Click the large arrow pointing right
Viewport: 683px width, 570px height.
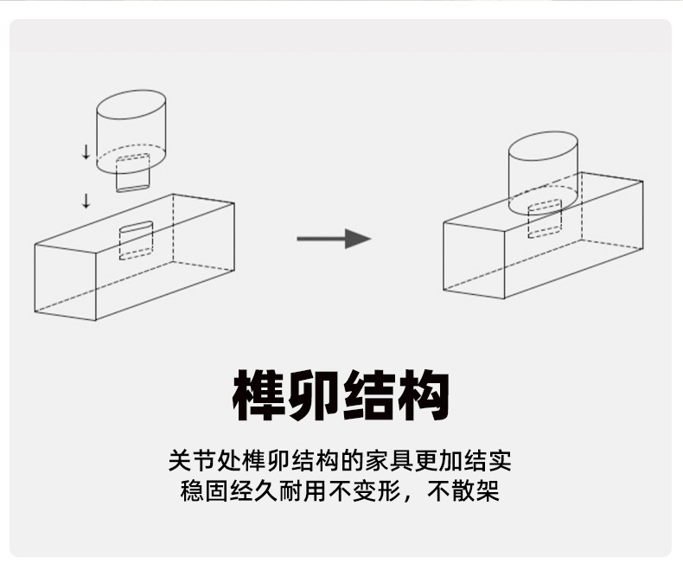(x=334, y=238)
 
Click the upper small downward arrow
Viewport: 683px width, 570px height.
(x=86, y=153)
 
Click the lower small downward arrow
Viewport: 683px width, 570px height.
(x=86, y=202)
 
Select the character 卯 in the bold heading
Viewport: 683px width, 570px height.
(x=315, y=395)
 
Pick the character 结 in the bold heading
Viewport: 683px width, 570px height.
(x=369, y=395)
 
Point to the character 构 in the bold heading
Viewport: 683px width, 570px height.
(x=424, y=395)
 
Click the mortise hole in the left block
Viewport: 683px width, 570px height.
(x=136, y=240)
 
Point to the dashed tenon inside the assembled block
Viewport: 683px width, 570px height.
(x=544, y=219)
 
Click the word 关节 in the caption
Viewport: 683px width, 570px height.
(x=189, y=458)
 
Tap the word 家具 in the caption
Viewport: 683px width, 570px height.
(x=390, y=458)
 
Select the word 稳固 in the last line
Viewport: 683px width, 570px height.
(x=202, y=490)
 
